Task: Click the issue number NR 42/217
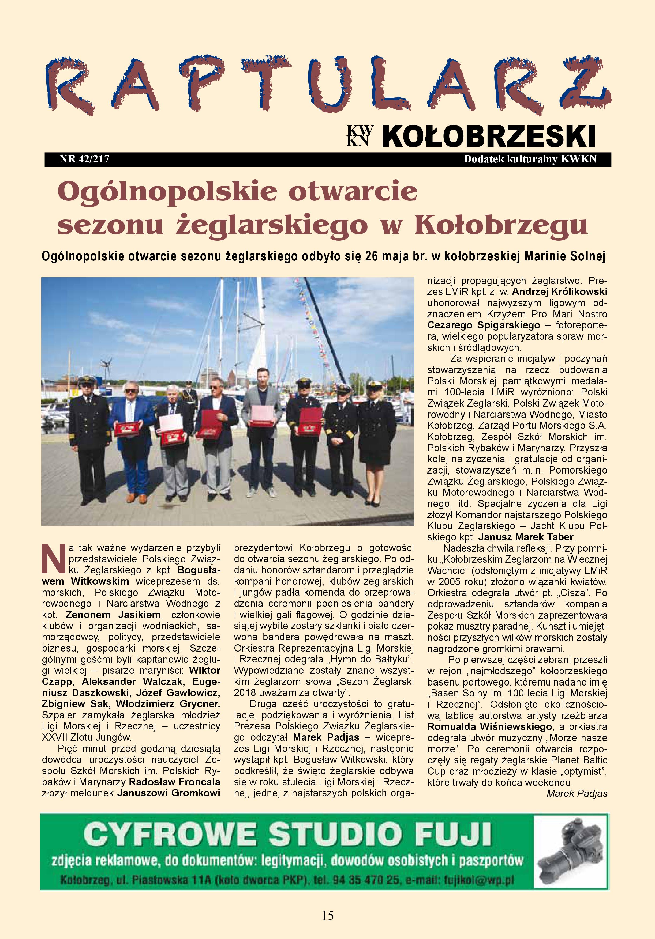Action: [84, 159]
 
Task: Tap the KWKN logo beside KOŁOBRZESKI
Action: [360, 135]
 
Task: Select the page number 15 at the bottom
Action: [327, 915]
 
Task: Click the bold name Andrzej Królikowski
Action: [559, 292]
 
